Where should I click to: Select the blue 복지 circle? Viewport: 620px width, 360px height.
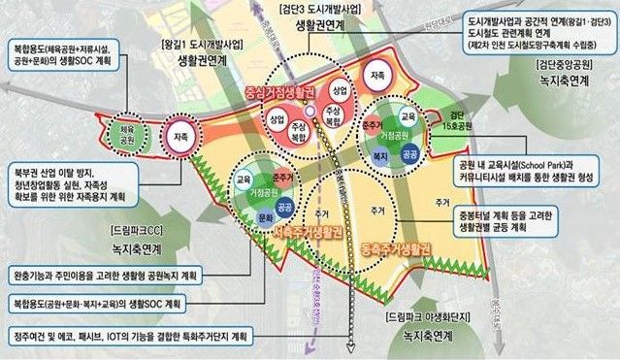pyautogui.click(x=382, y=153)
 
